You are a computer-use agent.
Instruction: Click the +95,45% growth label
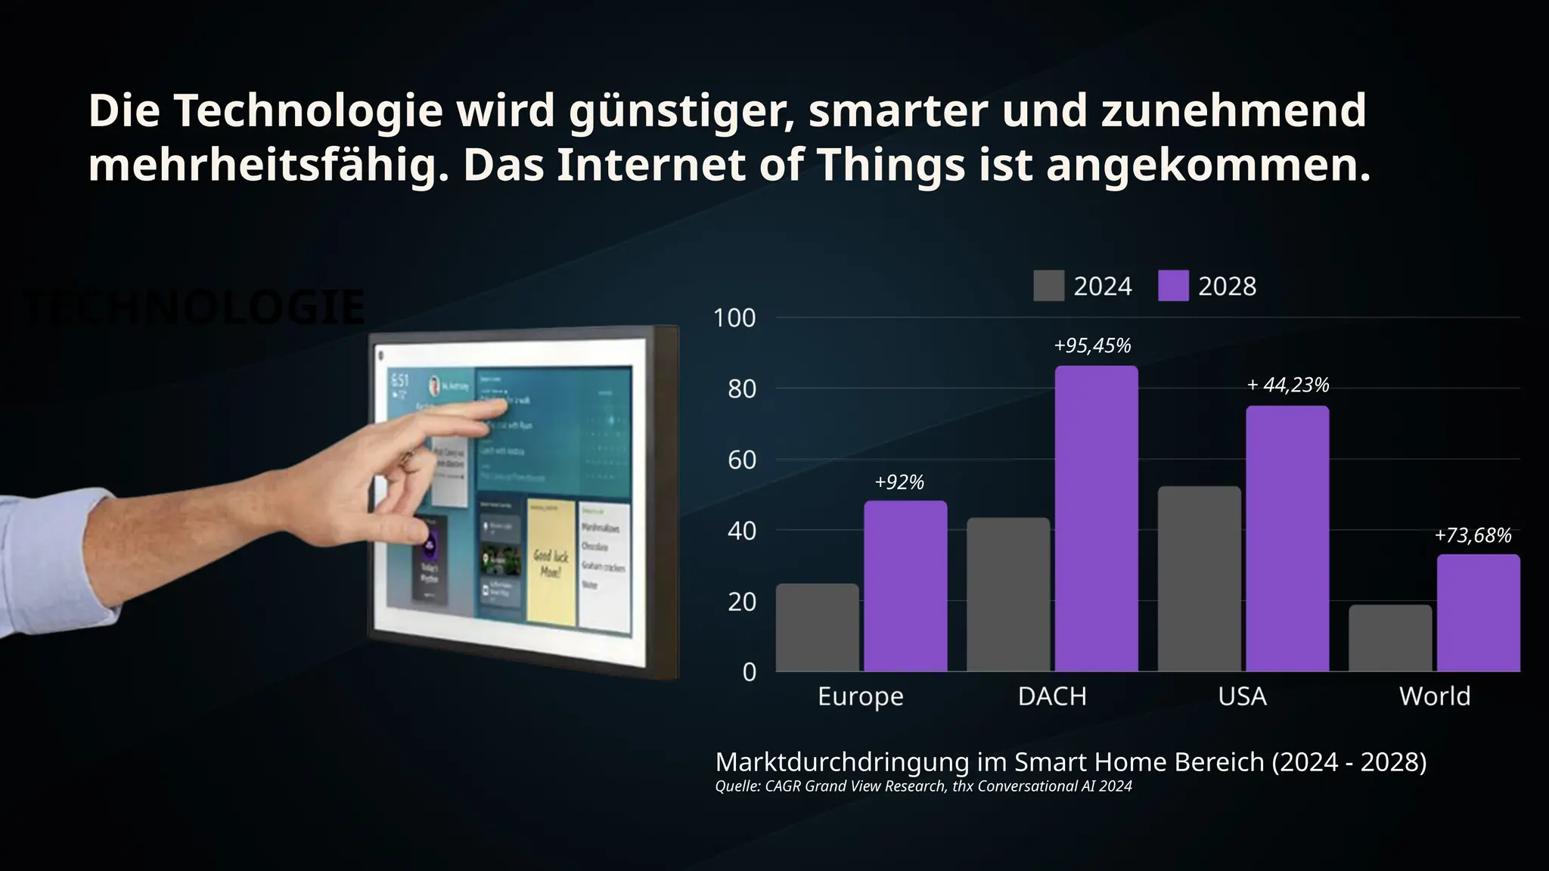(1092, 346)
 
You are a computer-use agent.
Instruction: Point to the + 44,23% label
(1287, 386)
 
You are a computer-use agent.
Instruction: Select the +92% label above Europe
(899, 482)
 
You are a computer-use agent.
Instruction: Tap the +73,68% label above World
(1472, 536)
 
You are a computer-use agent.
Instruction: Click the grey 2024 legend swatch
(1048, 286)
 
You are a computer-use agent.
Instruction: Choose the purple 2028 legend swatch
(1172, 286)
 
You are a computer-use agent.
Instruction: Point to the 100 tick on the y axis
(734, 318)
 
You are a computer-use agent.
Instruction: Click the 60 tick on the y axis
(741, 460)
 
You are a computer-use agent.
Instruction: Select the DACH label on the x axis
(1052, 696)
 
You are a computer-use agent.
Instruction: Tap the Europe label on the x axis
(860, 696)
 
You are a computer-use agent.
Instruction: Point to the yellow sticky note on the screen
(550, 562)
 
